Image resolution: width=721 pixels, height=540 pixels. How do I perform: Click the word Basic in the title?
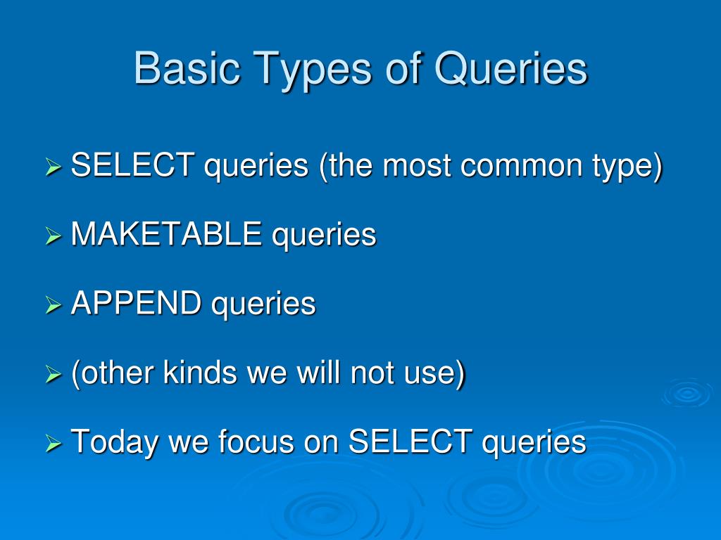pos(178,69)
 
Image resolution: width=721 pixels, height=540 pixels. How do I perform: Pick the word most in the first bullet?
pos(418,166)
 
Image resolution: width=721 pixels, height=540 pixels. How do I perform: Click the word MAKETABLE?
pos(166,234)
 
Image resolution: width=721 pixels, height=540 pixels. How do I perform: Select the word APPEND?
pos(136,304)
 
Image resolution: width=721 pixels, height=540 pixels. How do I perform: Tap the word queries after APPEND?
pos(263,304)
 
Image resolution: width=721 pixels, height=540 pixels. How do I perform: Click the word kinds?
pos(201,373)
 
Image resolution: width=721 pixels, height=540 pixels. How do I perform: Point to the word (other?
pos(113,373)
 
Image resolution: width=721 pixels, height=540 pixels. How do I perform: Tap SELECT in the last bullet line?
pos(410,442)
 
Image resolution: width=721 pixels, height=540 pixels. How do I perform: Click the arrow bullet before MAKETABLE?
pos(54,237)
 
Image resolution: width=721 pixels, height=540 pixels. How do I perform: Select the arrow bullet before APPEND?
pos(54,306)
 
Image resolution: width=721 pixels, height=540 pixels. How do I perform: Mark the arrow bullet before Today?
pos(54,444)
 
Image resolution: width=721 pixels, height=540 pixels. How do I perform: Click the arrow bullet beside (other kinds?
pos(54,375)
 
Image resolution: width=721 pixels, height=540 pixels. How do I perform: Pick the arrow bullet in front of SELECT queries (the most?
pos(54,168)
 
